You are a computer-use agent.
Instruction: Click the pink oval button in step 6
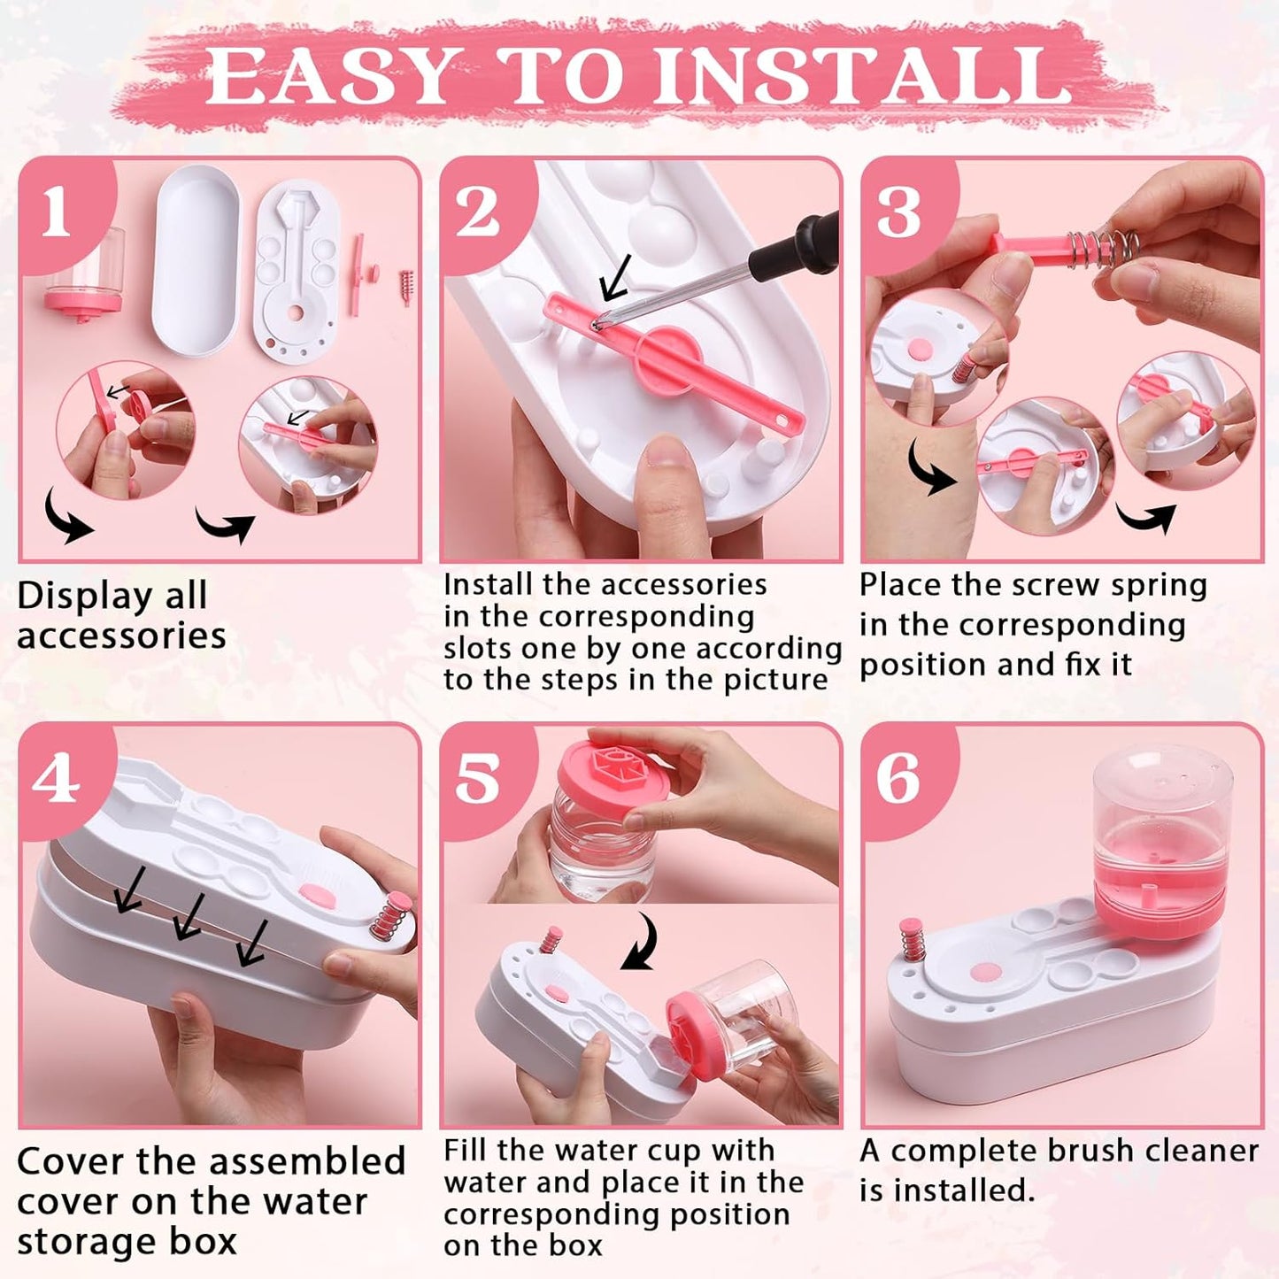pyautogui.click(x=986, y=973)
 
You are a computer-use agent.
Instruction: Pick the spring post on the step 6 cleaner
pyautogui.click(x=912, y=942)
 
